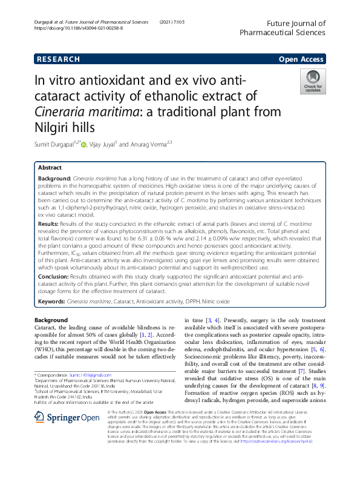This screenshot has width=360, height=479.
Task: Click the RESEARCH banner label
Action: (x=58, y=59)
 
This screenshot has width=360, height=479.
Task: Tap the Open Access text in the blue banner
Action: (x=301, y=59)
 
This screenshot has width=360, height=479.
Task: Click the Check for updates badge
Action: (x=313, y=81)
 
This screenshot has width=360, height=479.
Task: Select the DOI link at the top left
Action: (x=79, y=28)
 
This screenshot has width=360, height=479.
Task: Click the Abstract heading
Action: (x=50, y=167)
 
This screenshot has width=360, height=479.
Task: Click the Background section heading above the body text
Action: (x=51, y=320)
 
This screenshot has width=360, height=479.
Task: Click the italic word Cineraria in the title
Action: (x=67, y=112)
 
